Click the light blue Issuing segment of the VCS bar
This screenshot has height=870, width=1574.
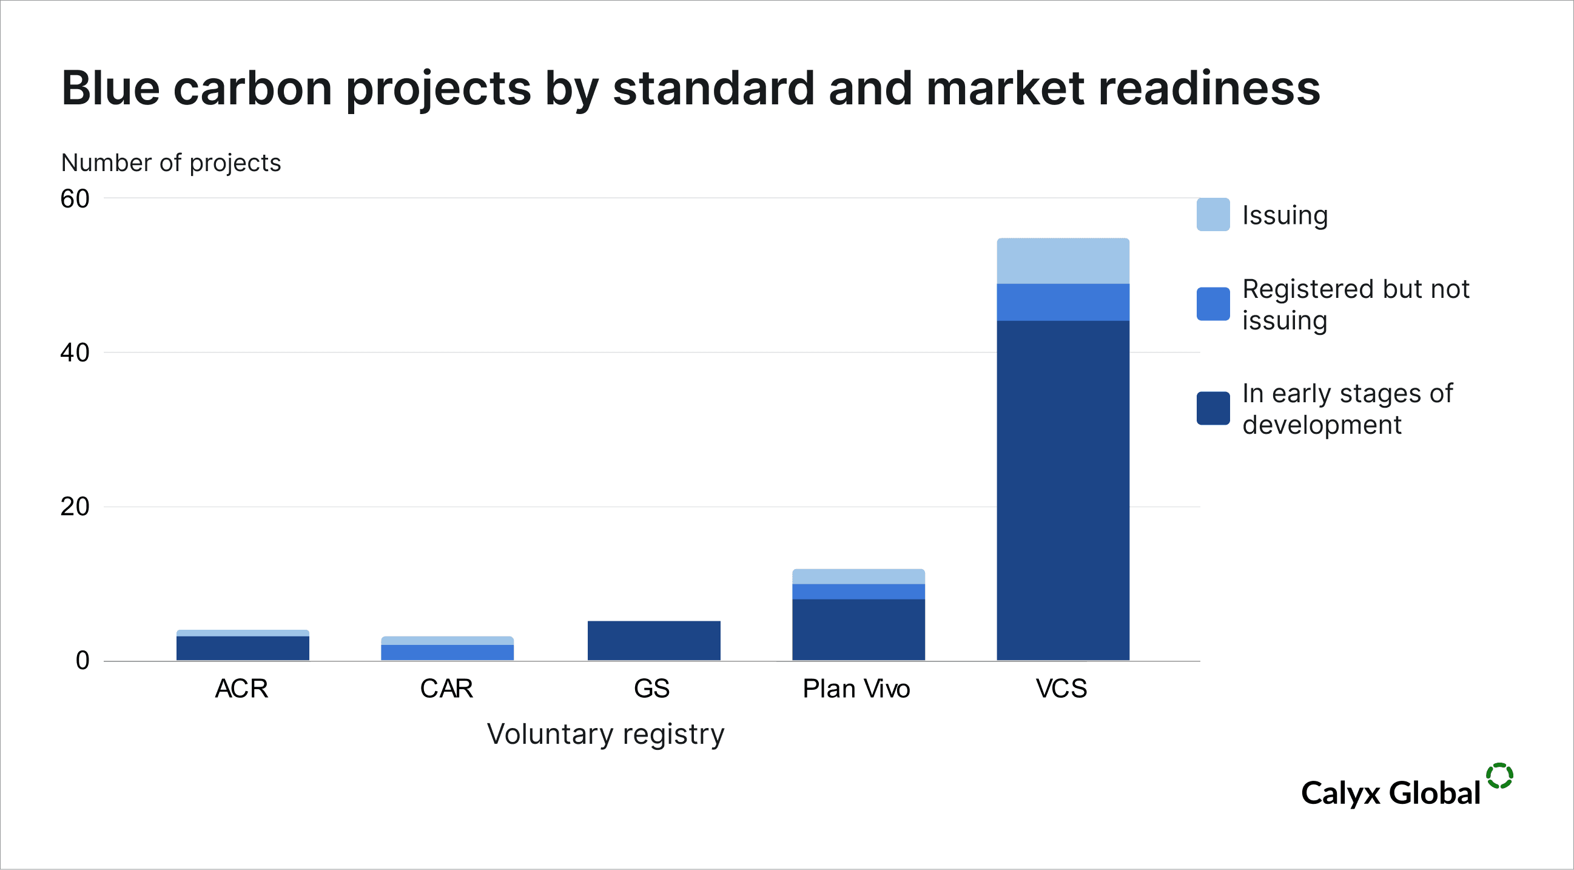pos(1063,261)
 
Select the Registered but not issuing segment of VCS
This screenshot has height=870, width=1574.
pos(1063,302)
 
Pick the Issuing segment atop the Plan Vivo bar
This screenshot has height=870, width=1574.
pos(858,576)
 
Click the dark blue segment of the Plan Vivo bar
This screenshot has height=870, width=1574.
pos(858,629)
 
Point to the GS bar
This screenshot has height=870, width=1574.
pos(653,640)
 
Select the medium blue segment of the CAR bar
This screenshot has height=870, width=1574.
pos(446,652)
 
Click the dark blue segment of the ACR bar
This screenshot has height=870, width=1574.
pos(243,647)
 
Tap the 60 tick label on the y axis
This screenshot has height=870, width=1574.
pos(75,198)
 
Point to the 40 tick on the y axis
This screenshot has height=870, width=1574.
pos(75,352)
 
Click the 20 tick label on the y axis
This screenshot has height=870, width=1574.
pos(75,507)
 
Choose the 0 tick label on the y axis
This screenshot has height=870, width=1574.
pos(82,661)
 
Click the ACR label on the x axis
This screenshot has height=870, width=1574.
pos(241,689)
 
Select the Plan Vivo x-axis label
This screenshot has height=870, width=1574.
pos(856,689)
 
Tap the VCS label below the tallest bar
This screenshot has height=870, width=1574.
pos(1061,689)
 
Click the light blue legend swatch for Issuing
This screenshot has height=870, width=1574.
pos(1213,214)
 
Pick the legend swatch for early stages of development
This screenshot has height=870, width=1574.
pos(1213,408)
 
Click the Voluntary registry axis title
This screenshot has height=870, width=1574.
pos(605,733)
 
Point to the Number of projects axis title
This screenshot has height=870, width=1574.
pos(171,163)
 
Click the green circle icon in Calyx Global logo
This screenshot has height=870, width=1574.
pos(1499,776)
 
